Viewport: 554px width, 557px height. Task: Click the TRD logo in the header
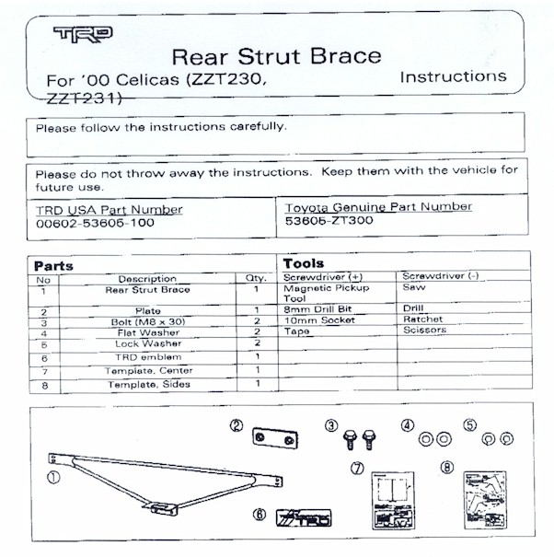click(83, 35)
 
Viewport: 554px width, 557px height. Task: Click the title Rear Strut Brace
click(276, 55)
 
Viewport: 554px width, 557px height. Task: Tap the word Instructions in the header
click(453, 76)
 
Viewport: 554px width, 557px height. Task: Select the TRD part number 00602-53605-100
click(95, 223)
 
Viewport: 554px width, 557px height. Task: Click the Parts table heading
click(53, 266)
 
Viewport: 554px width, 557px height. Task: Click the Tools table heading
click(304, 263)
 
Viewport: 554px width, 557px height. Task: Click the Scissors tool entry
click(424, 330)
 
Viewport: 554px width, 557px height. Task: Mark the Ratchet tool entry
click(423, 319)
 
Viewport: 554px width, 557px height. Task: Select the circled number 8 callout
click(447, 468)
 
